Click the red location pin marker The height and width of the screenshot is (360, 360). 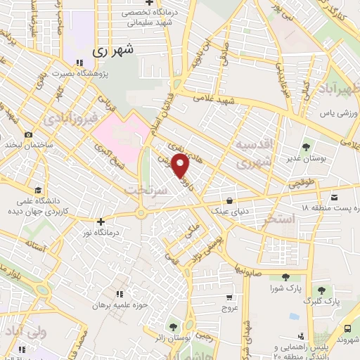[181, 166]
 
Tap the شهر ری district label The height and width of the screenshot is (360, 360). [112, 51]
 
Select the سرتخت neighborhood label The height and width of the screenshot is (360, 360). [143, 190]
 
